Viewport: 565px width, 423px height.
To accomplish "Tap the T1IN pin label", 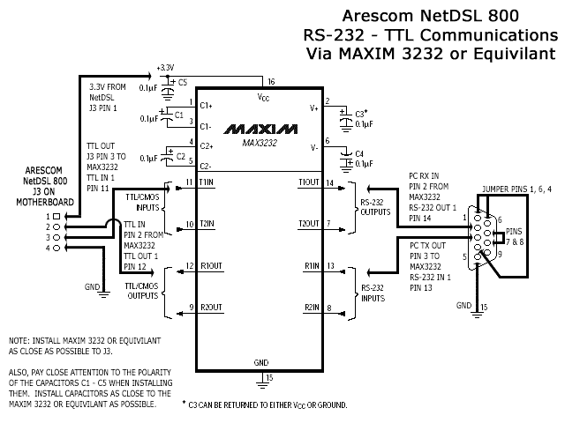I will [x=207, y=182].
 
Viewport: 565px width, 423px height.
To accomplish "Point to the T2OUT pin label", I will [x=310, y=223].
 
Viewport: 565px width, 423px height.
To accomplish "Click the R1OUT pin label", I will [x=211, y=265].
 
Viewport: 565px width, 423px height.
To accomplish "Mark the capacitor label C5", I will [x=182, y=82].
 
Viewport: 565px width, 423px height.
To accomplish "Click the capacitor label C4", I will [x=358, y=153].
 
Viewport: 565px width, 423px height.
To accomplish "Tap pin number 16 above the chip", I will [x=272, y=81].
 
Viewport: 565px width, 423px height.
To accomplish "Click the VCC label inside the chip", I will [x=263, y=97].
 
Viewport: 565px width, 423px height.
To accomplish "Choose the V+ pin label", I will [x=314, y=109].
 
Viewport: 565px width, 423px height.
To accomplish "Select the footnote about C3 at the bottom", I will [x=266, y=404].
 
